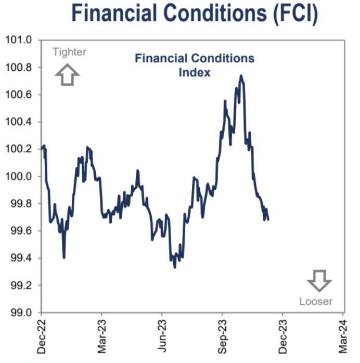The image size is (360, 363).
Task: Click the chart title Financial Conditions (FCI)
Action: [x=194, y=14]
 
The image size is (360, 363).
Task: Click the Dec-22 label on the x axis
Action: [x=42, y=337]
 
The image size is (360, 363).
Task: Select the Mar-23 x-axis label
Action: [x=102, y=337]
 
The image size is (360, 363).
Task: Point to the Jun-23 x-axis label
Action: [x=162, y=337]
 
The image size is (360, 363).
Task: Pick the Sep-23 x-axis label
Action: [x=223, y=337]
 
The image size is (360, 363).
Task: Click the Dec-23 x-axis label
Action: [x=283, y=337]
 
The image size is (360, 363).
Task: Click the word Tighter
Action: [x=69, y=51]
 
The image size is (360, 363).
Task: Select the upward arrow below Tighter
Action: [x=68, y=74]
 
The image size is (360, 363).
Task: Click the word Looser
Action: [x=316, y=301]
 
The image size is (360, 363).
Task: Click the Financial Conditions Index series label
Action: [x=195, y=65]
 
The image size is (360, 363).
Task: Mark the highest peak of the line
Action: [x=241, y=76]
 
